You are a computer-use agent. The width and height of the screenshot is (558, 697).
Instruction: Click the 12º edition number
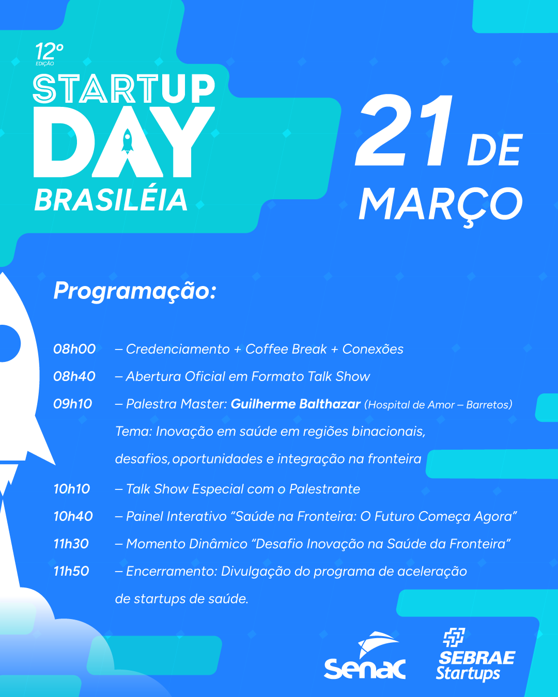pyautogui.click(x=49, y=51)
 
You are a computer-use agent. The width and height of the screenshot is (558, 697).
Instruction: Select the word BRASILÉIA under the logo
pyautogui.click(x=111, y=200)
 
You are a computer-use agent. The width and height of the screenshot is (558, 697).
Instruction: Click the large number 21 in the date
pyautogui.click(x=404, y=130)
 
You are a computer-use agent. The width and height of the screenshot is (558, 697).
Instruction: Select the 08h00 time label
pyautogui.click(x=74, y=349)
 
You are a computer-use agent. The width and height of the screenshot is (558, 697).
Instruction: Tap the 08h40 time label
pyautogui.click(x=74, y=376)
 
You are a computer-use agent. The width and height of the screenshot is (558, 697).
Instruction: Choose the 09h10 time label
pyautogui.click(x=73, y=404)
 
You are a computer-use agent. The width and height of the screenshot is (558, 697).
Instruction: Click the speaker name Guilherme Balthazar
pyautogui.click(x=296, y=404)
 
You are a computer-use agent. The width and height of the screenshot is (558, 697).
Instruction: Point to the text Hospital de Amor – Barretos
pyautogui.click(x=438, y=405)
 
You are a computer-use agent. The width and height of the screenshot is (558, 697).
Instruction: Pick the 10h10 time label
pyautogui.click(x=72, y=489)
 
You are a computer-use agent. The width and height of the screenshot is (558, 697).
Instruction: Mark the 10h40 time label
pyautogui.click(x=73, y=516)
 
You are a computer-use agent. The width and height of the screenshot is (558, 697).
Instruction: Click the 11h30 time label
pyautogui.click(x=71, y=544)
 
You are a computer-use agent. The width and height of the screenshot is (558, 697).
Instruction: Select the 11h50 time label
pyautogui.click(x=71, y=572)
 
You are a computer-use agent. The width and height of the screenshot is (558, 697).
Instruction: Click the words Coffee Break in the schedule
pyautogui.click(x=286, y=349)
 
